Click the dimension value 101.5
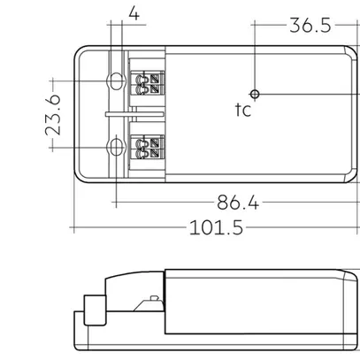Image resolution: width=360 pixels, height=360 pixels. pyautogui.click(x=215, y=227)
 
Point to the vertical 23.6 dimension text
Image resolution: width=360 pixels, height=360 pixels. pyautogui.click(x=52, y=114)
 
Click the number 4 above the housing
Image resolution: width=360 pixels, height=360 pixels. pyautogui.click(x=133, y=15)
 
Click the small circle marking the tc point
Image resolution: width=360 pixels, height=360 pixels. pyautogui.click(x=254, y=92)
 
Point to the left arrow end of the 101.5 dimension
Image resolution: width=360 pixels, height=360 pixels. pyautogui.click(x=73, y=228)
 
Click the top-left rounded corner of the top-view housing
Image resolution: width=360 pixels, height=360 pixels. pyautogui.click(x=80, y=51)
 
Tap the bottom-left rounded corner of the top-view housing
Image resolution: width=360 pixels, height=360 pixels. pyautogui.click(x=80, y=176)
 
